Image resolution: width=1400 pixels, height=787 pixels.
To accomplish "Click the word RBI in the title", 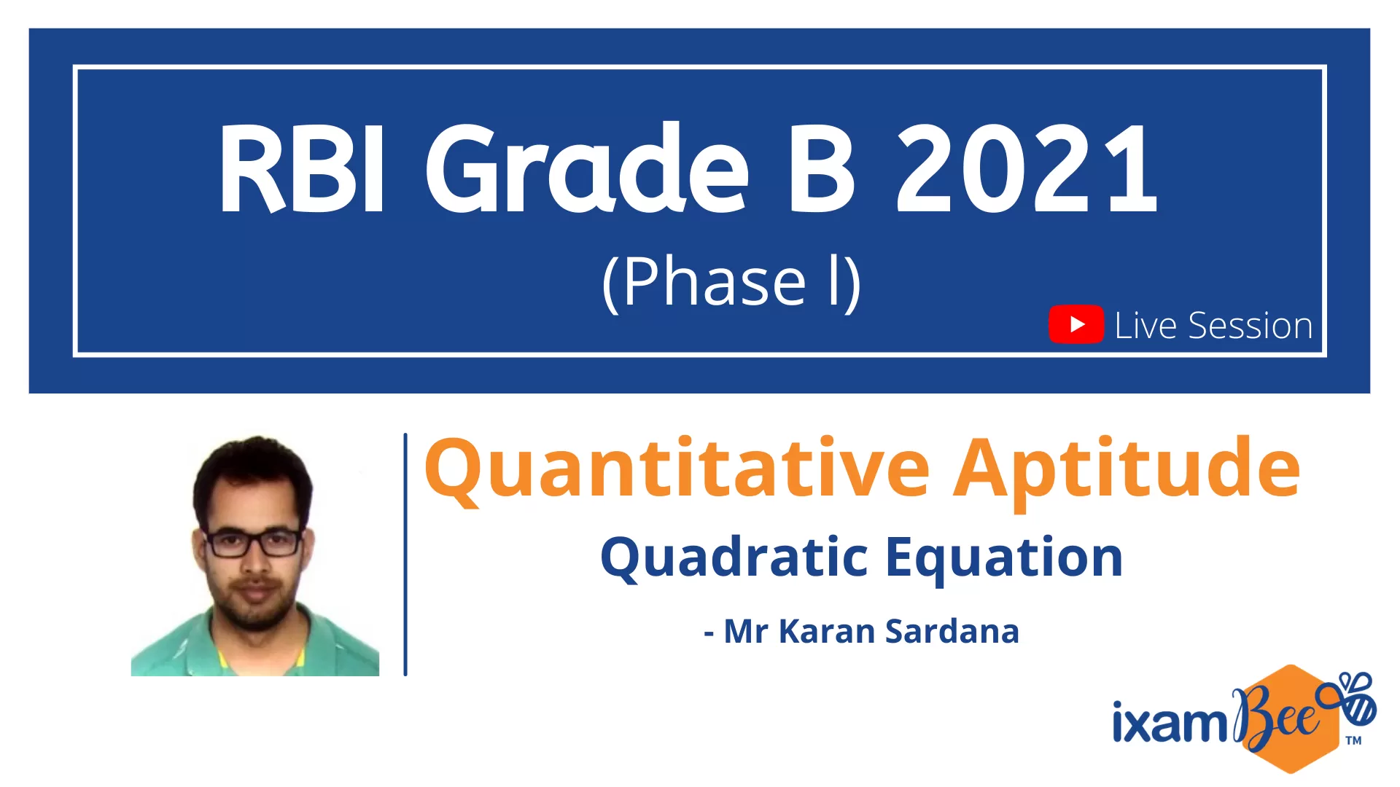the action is point(302,169).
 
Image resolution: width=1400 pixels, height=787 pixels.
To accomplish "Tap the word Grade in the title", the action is point(588,168).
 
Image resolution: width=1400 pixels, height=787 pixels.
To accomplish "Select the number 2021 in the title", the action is point(1027,169).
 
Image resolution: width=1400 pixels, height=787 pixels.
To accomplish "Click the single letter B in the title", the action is point(822,169).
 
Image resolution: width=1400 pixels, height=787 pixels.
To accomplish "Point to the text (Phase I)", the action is point(731,283).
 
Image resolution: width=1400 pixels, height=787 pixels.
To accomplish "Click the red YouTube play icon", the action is point(1076,324).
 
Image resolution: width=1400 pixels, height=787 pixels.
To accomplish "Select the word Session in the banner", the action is point(1250,326).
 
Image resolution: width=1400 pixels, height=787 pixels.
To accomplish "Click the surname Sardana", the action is point(952,631).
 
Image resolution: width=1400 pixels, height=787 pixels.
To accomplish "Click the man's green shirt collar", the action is point(255,638).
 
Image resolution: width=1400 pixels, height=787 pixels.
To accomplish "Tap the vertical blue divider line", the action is point(405,555).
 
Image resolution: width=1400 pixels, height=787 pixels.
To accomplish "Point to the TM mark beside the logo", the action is point(1353,740).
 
